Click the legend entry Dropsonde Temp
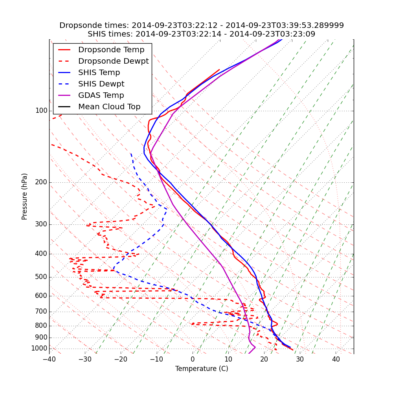tap(111, 50)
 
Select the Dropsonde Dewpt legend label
tap(113, 61)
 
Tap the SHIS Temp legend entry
tap(99, 73)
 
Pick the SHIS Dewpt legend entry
tap(101, 84)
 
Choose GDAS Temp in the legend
tap(101, 95)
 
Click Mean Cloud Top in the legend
tap(109, 107)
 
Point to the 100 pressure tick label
tap(41, 111)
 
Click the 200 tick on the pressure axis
tap(41, 182)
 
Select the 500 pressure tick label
tap(41, 277)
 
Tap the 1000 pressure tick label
tap(39, 349)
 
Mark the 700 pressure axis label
tap(41, 312)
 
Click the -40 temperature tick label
tap(49, 359)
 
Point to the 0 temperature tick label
tap(193, 359)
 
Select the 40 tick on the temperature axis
tap(336, 359)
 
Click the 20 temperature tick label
tap(264, 359)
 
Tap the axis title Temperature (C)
tap(202, 369)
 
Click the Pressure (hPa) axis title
tap(25, 196)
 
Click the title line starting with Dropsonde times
tap(202, 26)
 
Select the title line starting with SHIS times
tap(202, 34)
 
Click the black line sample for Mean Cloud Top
tap(64, 107)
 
